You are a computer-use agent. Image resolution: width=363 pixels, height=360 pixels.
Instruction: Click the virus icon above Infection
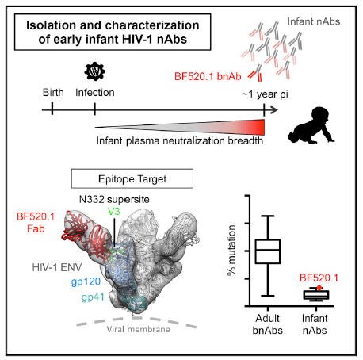click(x=94, y=71)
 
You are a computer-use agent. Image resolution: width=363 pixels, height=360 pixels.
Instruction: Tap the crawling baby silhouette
click(x=311, y=125)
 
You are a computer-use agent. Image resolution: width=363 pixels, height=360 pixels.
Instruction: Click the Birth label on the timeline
click(x=53, y=93)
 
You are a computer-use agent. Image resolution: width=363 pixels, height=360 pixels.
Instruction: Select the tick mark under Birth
click(x=52, y=109)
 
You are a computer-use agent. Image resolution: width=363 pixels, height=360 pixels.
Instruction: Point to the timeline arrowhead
click(x=274, y=110)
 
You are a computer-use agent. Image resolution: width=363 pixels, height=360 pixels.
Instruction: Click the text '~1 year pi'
click(x=265, y=94)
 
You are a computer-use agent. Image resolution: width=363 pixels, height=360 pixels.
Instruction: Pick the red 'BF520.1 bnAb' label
click(x=208, y=76)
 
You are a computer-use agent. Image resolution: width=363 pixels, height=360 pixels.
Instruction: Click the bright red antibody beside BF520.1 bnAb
click(x=255, y=74)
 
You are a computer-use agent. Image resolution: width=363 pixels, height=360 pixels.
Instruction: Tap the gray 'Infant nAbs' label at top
click(x=314, y=21)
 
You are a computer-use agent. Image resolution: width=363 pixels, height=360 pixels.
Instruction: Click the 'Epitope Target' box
click(x=132, y=178)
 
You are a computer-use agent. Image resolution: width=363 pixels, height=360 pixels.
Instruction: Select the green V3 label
click(x=114, y=211)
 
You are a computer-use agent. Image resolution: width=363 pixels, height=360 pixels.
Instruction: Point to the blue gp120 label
click(x=86, y=281)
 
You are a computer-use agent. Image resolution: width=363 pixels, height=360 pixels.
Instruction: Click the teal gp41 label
click(x=93, y=297)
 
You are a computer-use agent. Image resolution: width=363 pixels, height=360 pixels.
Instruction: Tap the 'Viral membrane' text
click(x=138, y=329)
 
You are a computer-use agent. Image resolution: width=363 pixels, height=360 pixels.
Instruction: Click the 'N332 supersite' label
click(x=114, y=199)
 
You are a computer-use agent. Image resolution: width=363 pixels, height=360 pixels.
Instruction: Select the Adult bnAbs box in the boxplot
click(x=268, y=251)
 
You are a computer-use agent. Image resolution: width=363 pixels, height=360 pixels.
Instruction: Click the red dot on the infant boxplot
click(x=319, y=288)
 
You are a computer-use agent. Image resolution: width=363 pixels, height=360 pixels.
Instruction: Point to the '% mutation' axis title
click(x=231, y=251)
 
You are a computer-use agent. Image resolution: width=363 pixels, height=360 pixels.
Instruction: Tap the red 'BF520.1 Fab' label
click(x=36, y=223)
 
